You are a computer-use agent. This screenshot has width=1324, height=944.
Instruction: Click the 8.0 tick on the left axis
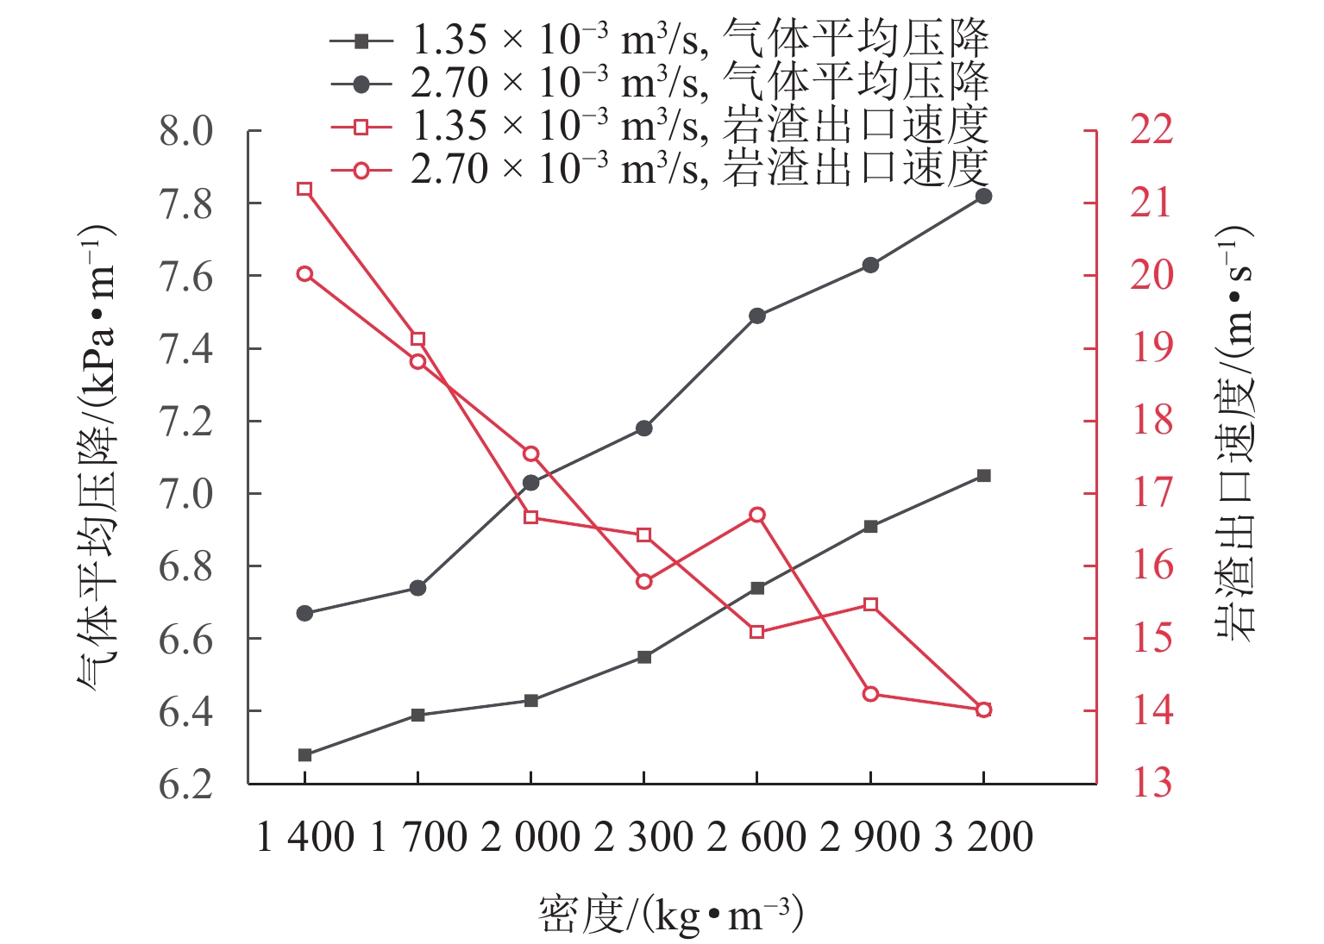[185, 132]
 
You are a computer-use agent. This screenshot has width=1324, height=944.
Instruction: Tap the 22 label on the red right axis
[1151, 129]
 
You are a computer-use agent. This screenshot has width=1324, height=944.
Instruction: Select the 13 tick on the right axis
[1151, 783]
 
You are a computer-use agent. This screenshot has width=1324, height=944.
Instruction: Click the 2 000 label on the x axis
[530, 837]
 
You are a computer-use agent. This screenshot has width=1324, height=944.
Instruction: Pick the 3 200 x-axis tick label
[983, 837]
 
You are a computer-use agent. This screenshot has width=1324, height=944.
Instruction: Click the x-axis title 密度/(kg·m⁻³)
[670, 916]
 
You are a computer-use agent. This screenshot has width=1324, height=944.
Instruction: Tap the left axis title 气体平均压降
[97, 457]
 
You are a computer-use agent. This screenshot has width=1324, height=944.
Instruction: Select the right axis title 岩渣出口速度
[1234, 431]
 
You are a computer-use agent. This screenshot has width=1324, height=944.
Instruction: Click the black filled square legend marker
[361, 41]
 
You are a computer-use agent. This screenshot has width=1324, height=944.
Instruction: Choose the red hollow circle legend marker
[361, 170]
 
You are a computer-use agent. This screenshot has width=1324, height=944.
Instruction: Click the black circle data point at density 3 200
[983, 196]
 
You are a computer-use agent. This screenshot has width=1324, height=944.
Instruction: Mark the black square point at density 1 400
[304, 755]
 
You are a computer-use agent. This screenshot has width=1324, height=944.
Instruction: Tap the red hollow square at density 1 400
[304, 189]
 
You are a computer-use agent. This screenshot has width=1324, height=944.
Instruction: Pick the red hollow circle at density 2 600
[756, 515]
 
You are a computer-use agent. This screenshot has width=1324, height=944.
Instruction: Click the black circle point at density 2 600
[756, 316]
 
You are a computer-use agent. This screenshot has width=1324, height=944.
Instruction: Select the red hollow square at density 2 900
[870, 604]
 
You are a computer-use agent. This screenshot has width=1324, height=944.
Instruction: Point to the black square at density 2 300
[643, 657]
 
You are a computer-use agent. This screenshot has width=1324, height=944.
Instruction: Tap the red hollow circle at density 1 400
[304, 274]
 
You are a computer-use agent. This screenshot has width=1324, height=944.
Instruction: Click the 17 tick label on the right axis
[1151, 492]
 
